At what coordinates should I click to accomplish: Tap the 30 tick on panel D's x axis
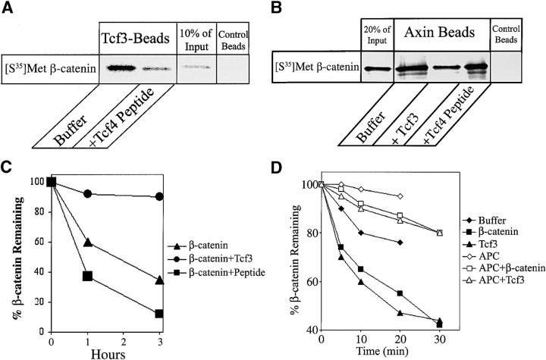pyautogui.click(x=439, y=337)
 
